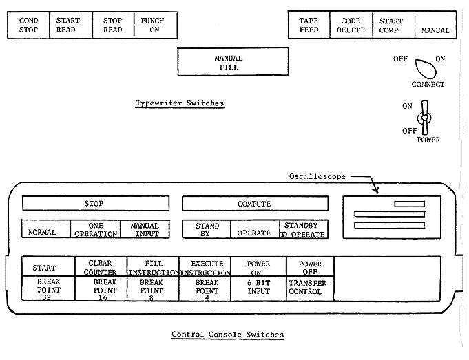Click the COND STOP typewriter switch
tap(28, 25)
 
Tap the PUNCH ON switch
tap(152, 25)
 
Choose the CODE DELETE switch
tap(351, 25)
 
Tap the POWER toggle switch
tap(425, 118)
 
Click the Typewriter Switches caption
tap(179, 103)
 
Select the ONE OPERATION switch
tap(95, 229)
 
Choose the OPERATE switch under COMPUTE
tap(253, 233)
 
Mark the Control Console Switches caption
tap(227, 335)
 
